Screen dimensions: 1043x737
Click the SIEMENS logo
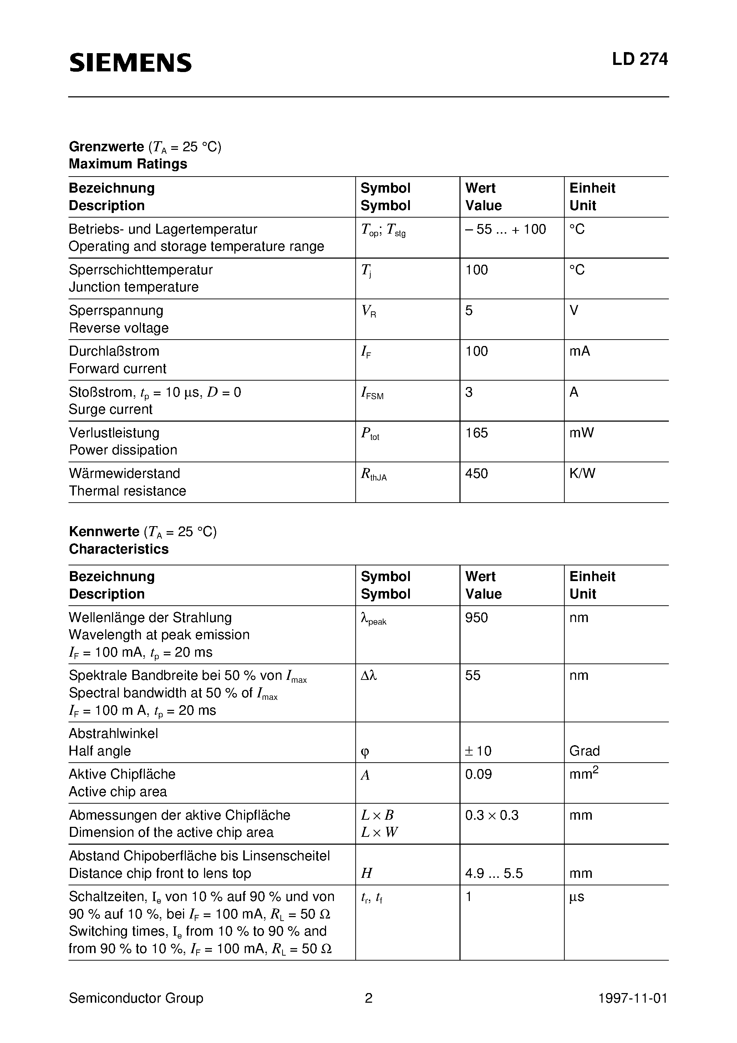pos(131,63)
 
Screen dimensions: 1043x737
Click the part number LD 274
pos(639,60)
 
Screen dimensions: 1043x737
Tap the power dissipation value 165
pos(476,433)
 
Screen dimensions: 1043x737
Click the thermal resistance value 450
pos(476,473)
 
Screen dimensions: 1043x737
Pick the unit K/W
pos(582,473)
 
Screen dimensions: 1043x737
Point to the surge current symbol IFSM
pos(372,393)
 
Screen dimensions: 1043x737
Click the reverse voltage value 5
pos(469,311)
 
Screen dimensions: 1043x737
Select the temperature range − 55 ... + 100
pos(505,229)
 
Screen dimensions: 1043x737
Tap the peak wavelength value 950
pos(476,618)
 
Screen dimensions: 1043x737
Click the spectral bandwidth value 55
pos(473,676)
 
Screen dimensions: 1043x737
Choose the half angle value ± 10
pos(478,751)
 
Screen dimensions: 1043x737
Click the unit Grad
pos(584,751)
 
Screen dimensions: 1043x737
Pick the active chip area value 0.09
pos(478,774)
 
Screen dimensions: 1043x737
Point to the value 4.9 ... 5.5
pos(494,873)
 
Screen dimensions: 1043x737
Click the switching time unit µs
pos(576,897)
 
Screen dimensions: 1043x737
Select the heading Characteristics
pos(118,549)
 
